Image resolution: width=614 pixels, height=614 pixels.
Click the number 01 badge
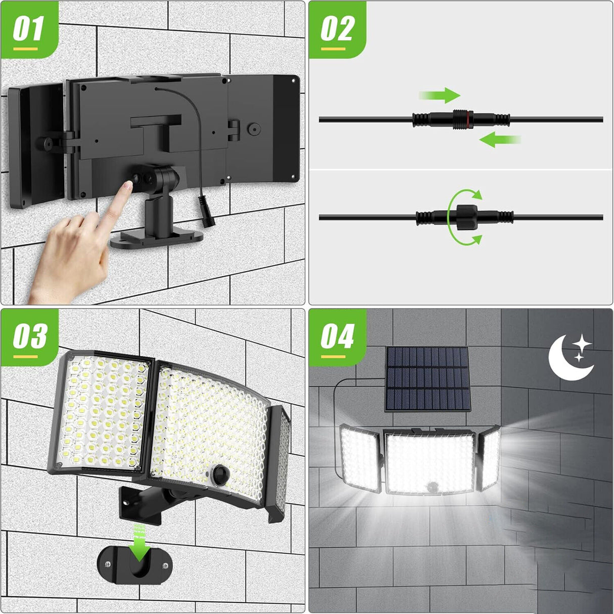(x=29, y=30)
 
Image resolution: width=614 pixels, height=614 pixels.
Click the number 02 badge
(x=337, y=30)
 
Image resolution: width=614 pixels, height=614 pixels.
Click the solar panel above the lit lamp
(x=428, y=378)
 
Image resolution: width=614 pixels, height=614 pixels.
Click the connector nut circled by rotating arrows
(x=464, y=217)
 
